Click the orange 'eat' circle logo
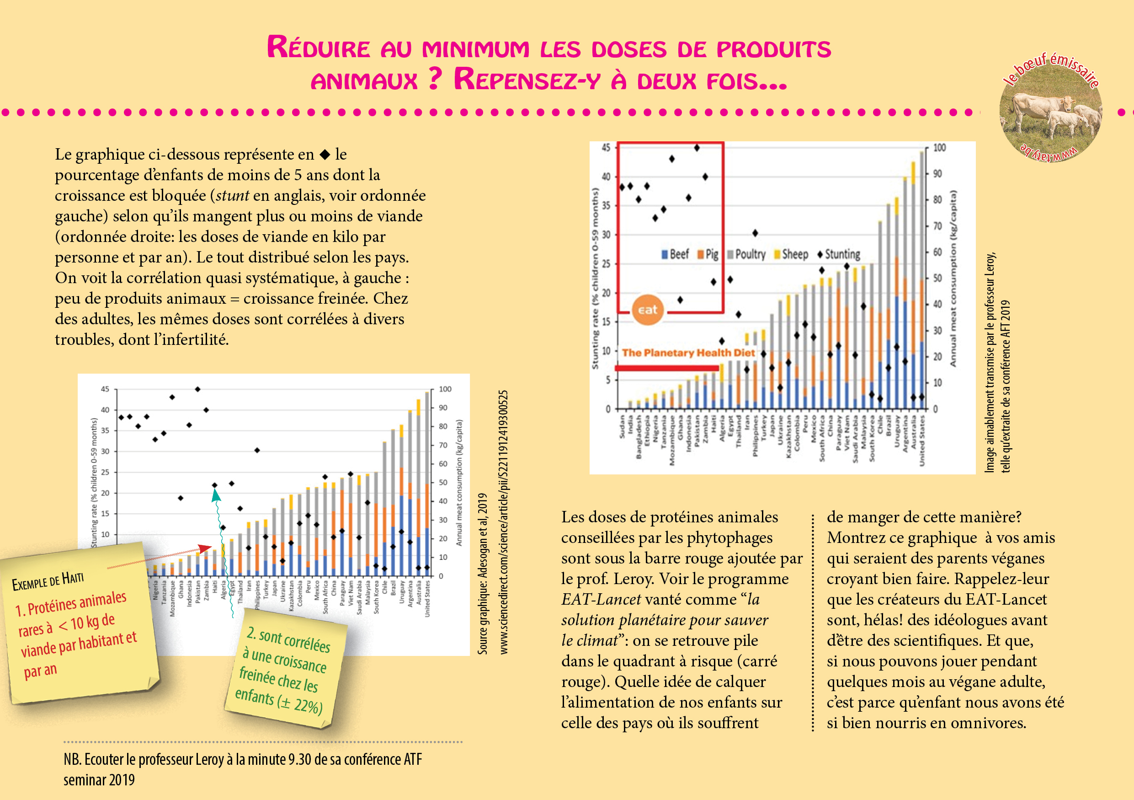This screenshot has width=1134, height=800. pyautogui.click(x=647, y=310)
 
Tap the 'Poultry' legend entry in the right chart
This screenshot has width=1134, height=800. pyautogui.click(x=749, y=254)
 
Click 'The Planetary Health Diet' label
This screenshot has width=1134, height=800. pyautogui.click(x=688, y=353)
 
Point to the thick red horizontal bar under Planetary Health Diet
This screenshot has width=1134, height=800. pyautogui.click(x=667, y=368)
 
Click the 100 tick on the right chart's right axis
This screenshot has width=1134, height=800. pyautogui.click(x=939, y=148)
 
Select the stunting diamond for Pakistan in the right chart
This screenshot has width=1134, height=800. pyautogui.click(x=697, y=148)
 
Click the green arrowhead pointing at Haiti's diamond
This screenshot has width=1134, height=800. pyautogui.click(x=216, y=494)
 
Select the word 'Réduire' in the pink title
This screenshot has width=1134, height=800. pyautogui.click(x=319, y=48)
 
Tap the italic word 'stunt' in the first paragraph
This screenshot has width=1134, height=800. pyautogui.click(x=232, y=196)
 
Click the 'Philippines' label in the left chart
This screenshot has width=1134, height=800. pyautogui.click(x=257, y=597)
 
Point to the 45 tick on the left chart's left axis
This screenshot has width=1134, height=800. pyautogui.click(x=105, y=389)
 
